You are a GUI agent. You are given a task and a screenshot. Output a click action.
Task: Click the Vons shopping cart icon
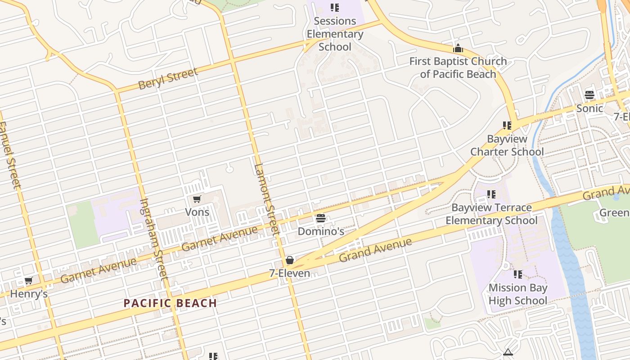(197, 199)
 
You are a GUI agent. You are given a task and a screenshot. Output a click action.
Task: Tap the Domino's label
(321, 231)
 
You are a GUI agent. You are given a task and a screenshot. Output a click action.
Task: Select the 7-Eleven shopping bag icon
(290, 260)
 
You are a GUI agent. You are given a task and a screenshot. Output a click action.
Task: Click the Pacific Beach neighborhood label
(171, 303)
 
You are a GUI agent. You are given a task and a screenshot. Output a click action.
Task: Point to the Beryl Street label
(168, 79)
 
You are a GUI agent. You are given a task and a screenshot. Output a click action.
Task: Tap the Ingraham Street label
(153, 238)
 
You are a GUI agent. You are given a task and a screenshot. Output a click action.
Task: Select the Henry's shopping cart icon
(28, 281)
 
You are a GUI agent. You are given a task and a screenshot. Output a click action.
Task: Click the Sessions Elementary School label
(335, 34)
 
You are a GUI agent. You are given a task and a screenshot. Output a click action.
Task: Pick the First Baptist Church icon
(458, 48)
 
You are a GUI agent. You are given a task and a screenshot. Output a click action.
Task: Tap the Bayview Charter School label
(507, 145)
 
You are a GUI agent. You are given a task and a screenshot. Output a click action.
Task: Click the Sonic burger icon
(589, 95)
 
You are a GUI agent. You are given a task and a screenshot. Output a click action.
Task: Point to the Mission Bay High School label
(518, 294)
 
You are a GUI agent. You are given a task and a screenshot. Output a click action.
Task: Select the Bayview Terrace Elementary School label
(491, 214)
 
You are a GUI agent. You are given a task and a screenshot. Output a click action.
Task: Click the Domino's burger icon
(321, 219)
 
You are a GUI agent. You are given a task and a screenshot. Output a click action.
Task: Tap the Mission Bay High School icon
(518, 274)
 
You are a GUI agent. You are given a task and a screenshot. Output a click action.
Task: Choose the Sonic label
(589, 108)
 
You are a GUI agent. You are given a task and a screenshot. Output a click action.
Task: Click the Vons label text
(197, 211)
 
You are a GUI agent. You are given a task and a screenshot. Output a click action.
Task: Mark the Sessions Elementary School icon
(335, 8)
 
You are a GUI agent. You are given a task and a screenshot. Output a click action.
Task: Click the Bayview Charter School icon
(507, 126)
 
